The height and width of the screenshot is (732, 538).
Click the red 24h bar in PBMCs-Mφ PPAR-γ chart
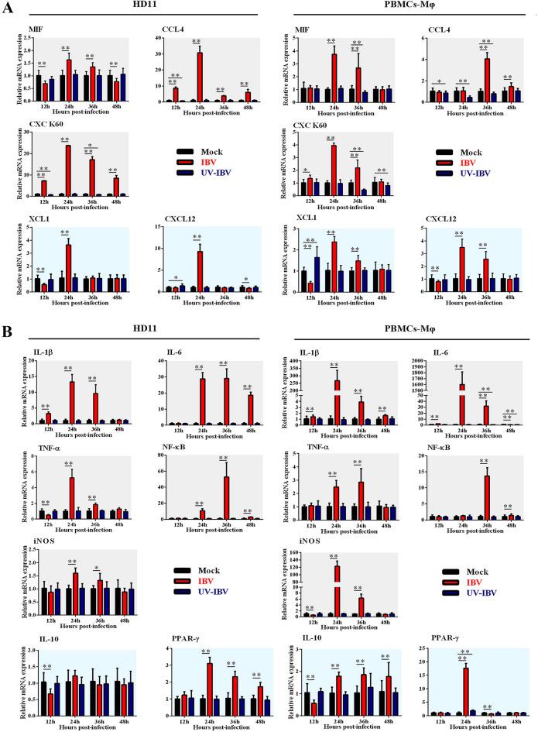(x=467, y=669)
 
